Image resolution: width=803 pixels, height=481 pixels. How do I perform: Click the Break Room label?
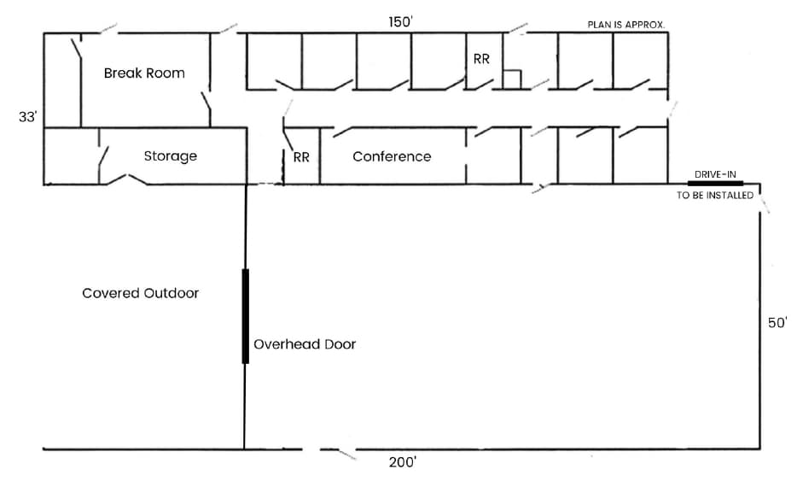(x=144, y=73)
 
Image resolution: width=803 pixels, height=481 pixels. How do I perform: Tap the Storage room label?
(x=170, y=156)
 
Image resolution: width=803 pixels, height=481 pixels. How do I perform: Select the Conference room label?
(x=392, y=156)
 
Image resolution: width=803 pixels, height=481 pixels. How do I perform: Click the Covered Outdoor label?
(x=140, y=293)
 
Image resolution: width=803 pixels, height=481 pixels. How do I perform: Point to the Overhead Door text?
(x=305, y=344)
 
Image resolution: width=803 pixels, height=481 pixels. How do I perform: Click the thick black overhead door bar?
(x=245, y=316)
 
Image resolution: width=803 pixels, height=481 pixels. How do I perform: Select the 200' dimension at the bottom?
(x=402, y=462)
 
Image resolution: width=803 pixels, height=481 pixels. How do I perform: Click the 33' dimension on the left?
(x=28, y=117)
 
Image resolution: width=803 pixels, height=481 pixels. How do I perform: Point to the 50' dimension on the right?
(x=777, y=323)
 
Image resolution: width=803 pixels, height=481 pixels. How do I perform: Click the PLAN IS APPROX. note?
(x=627, y=25)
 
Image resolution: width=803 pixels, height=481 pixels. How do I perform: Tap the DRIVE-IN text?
(x=715, y=174)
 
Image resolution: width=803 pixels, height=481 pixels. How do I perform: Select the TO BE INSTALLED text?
(x=715, y=196)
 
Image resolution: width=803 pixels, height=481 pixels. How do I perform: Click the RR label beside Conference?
(x=301, y=158)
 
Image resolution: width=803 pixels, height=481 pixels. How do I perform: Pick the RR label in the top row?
(x=481, y=59)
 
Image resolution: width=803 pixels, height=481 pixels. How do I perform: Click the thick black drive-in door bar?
(x=715, y=183)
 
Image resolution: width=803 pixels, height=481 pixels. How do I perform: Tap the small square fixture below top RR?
(x=511, y=79)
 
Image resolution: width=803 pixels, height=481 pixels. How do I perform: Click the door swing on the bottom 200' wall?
(x=338, y=453)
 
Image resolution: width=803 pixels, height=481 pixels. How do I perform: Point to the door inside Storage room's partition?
(x=103, y=159)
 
